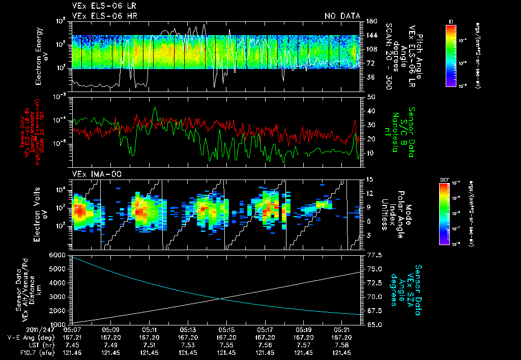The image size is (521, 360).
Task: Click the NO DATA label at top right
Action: coord(342,16)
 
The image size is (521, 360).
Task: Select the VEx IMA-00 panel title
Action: coord(92,174)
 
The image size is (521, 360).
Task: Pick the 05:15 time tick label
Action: coord(225,329)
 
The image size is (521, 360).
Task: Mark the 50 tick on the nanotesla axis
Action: coord(371,97)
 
